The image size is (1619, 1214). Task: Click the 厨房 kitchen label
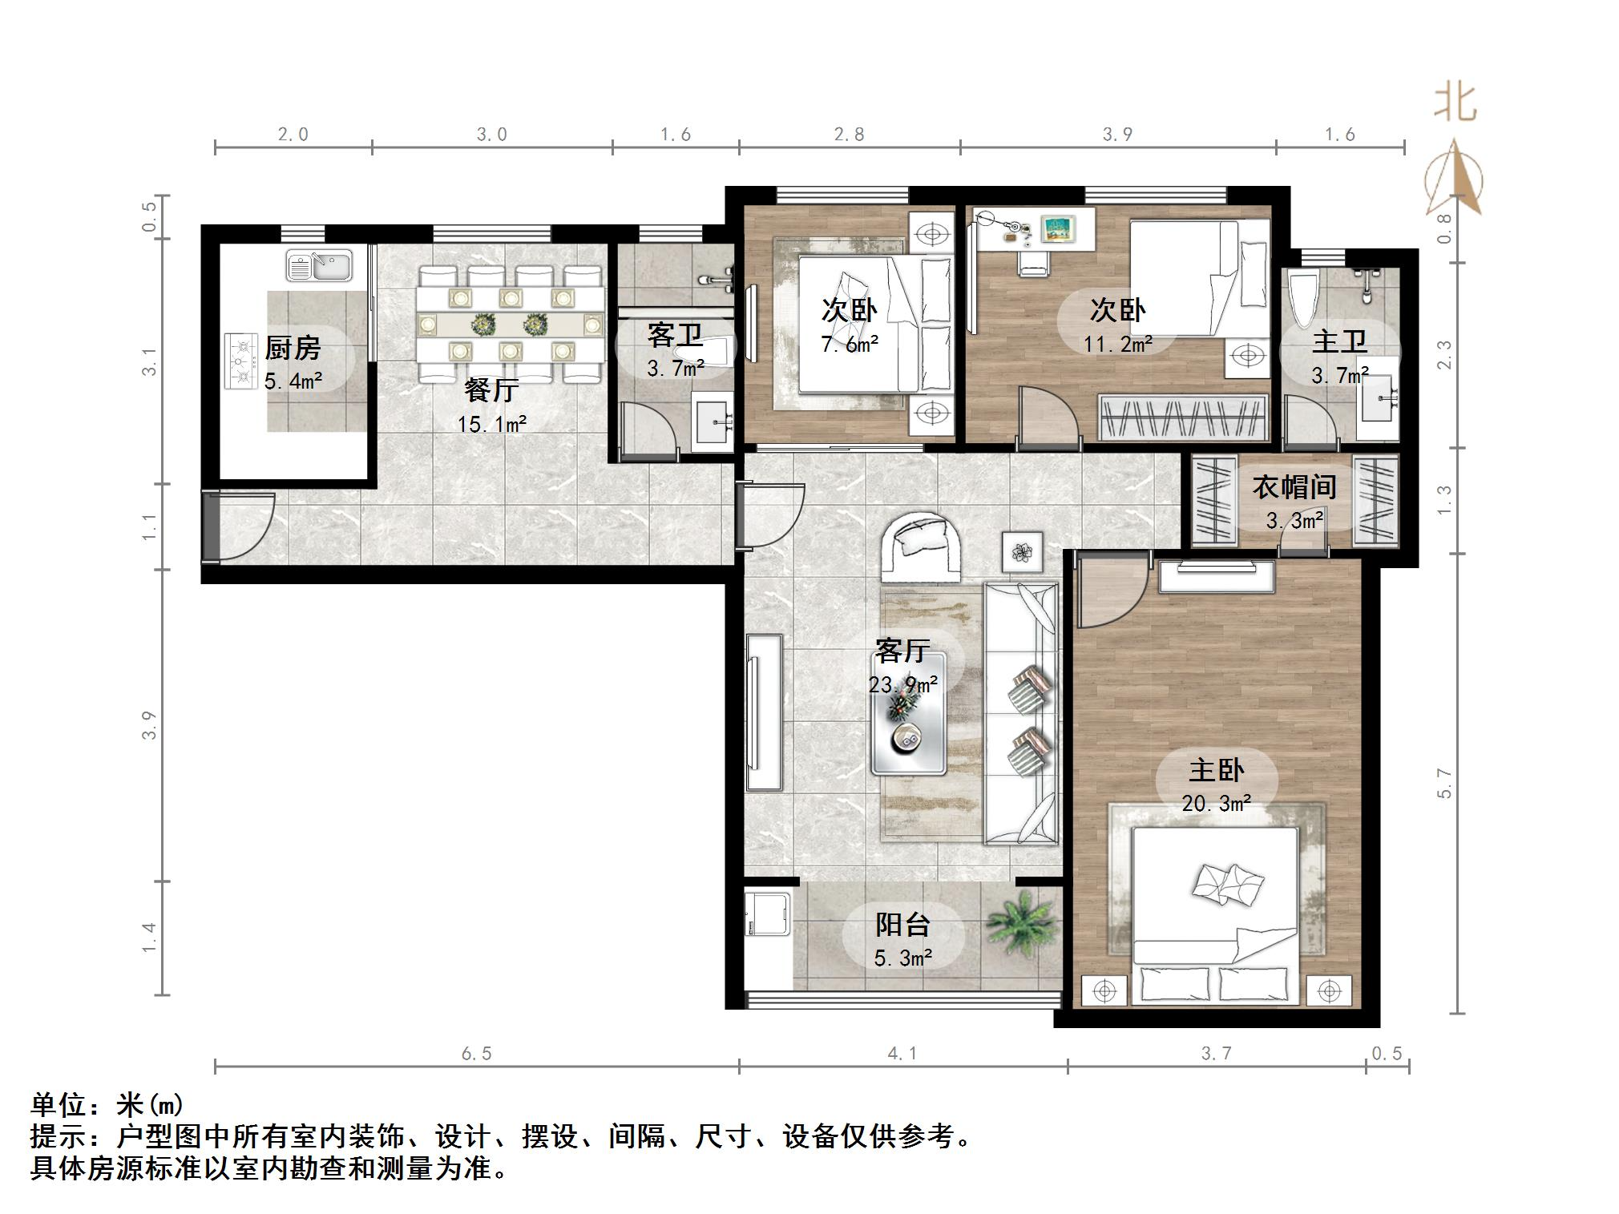(x=293, y=348)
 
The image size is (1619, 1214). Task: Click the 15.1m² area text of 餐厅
(x=491, y=423)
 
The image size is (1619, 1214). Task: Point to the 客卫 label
(x=675, y=334)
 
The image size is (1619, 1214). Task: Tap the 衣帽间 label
(x=1294, y=486)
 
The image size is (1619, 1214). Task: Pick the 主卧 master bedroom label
(x=1216, y=770)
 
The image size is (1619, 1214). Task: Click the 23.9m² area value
(x=903, y=684)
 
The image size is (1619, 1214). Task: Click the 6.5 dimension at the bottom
(x=476, y=1054)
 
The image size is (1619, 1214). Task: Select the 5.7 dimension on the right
(x=1444, y=783)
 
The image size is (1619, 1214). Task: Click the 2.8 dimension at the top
(x=849, y=134)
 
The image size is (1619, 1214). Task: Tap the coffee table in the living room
(x=909, y=713)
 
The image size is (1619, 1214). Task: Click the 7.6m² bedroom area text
(x=850, y=345)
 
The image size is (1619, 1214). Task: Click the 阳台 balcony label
(x=902, y=925)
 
